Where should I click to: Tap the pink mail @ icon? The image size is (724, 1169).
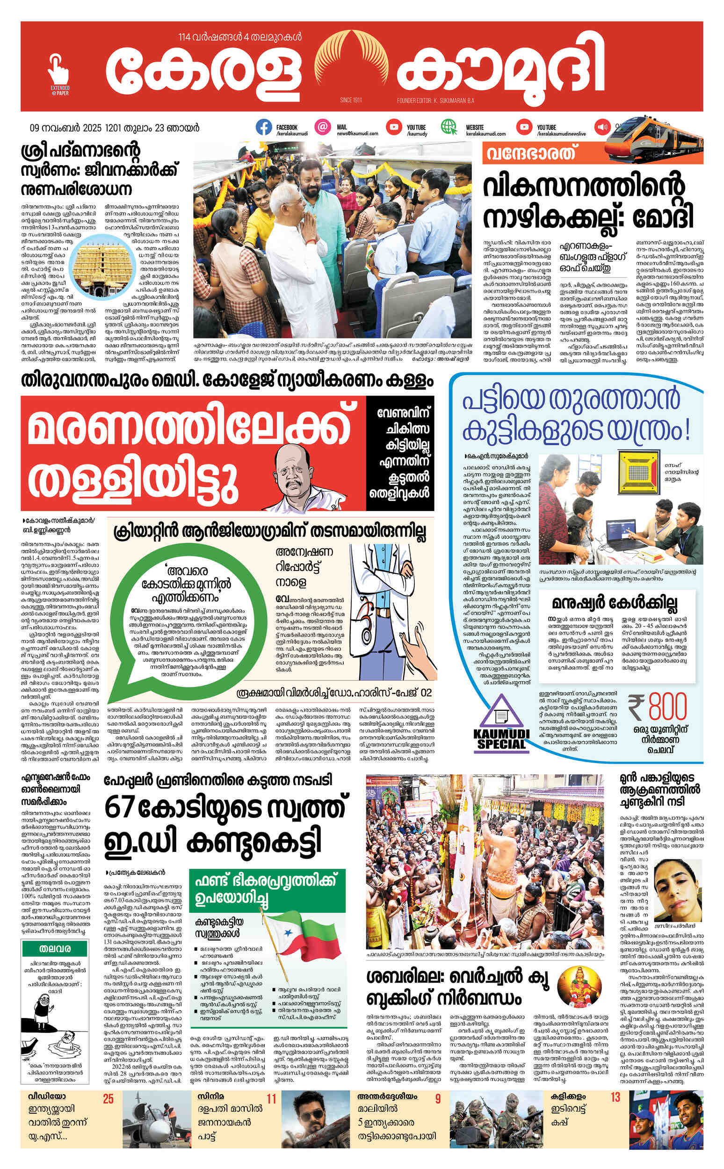[x=323, y=128]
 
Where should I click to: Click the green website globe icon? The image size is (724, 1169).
[x=449, y=128]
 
